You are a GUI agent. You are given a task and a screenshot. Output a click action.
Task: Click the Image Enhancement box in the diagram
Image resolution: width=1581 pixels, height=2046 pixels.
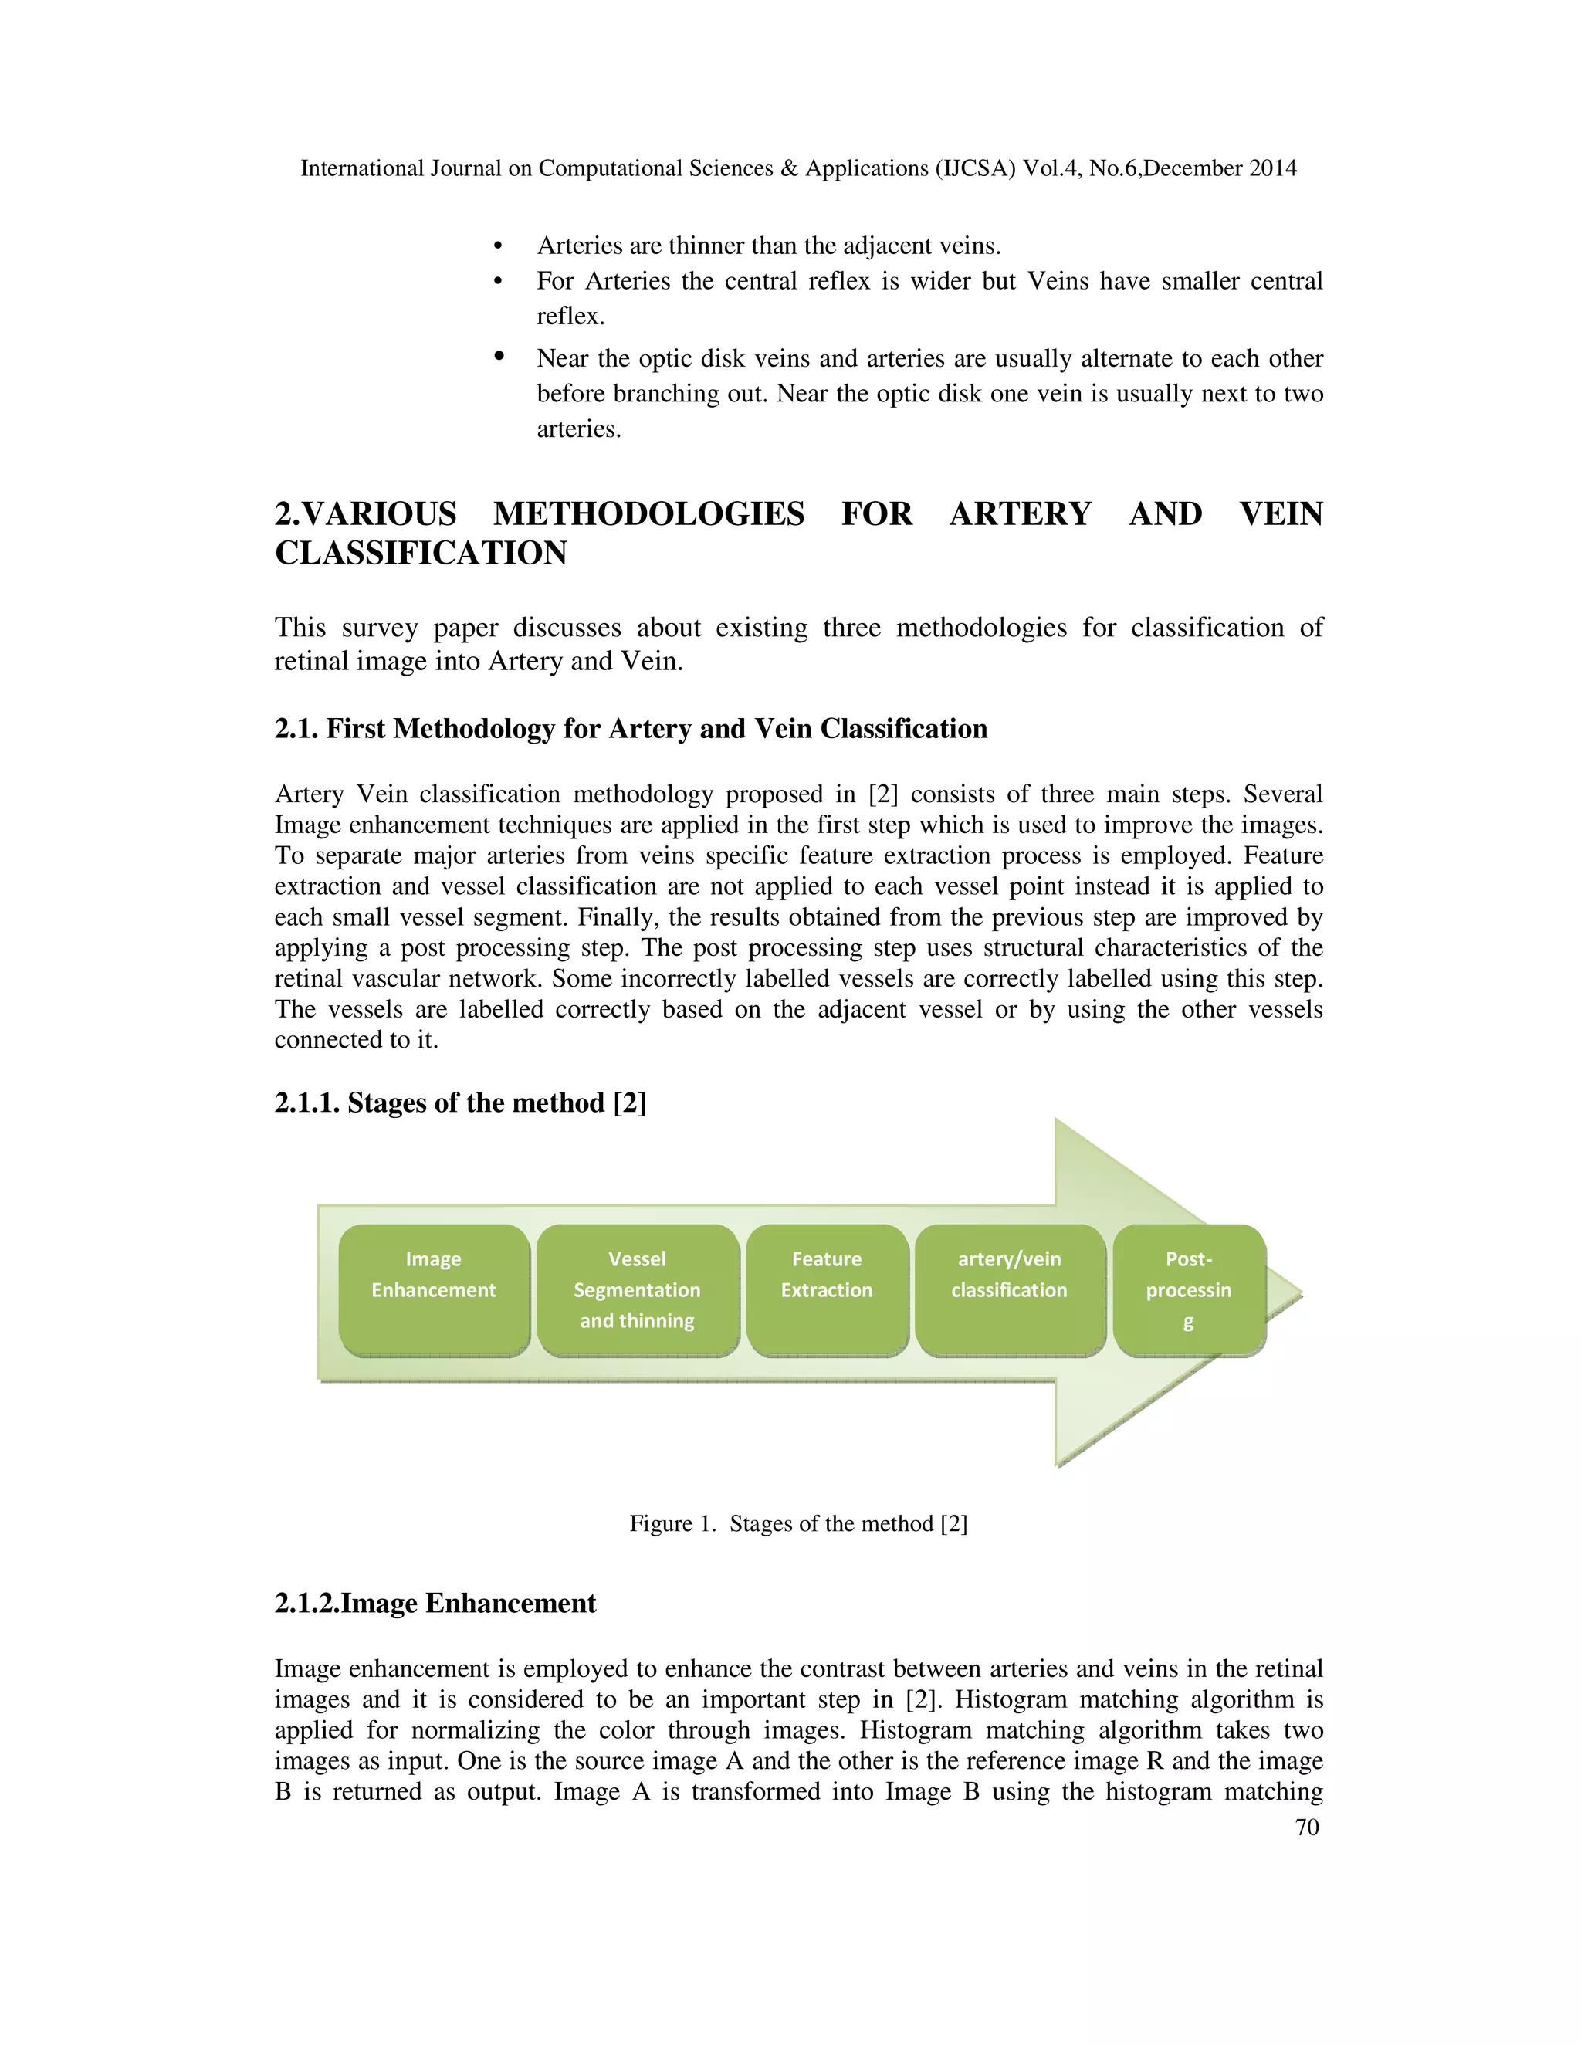[x=434, y=1290]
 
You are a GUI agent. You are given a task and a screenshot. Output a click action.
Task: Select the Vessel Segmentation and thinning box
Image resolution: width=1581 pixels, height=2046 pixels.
[x=638, y=1290]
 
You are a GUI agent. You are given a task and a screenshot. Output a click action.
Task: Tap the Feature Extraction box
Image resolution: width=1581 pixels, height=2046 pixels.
[x=827, y=1290]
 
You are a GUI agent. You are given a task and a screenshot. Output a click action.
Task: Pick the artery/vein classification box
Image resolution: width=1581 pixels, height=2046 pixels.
[x=1010, y=1290]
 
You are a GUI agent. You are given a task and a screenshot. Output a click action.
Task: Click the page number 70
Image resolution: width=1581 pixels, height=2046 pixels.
[x=1307, y=1828]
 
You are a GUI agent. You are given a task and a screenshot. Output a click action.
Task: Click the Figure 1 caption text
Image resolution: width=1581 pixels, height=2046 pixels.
[x=798, y=1524]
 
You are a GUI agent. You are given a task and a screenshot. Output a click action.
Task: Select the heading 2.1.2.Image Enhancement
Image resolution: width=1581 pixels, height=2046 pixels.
[x=435, y=1604]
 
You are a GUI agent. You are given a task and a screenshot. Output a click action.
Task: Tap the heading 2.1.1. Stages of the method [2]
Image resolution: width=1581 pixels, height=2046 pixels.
[x=460, y=1103]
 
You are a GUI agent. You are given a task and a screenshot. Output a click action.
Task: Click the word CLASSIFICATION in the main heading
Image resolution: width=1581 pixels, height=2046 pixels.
[x=421, y=554]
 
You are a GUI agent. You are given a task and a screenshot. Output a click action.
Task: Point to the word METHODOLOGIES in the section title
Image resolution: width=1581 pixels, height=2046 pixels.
[x=648, y=514]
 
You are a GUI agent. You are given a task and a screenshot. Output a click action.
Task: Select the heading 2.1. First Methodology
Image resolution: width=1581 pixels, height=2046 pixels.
[x=631, y=729]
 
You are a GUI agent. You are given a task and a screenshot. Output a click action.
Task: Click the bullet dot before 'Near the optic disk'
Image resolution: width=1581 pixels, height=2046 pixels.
[x=499, y=356]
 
